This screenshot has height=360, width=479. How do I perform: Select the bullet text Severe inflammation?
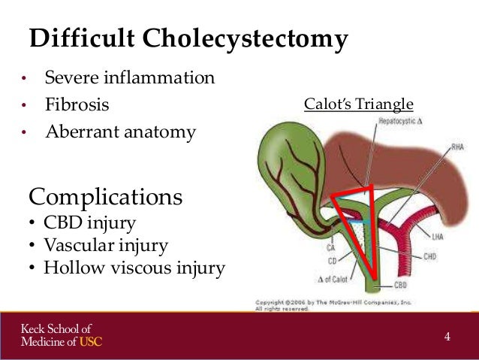point(129,78)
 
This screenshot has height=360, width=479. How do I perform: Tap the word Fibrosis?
point(77,105)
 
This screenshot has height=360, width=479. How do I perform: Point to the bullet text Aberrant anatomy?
point(120,132)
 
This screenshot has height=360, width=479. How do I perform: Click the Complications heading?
point(105,197)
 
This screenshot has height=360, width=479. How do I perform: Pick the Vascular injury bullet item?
point(106,245)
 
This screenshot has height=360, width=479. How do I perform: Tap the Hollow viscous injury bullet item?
point(134,268)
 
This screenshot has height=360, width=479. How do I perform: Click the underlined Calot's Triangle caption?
point(358,104)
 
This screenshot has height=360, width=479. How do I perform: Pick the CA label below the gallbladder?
point(330,246)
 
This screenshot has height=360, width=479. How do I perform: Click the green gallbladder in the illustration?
point(285,173)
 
